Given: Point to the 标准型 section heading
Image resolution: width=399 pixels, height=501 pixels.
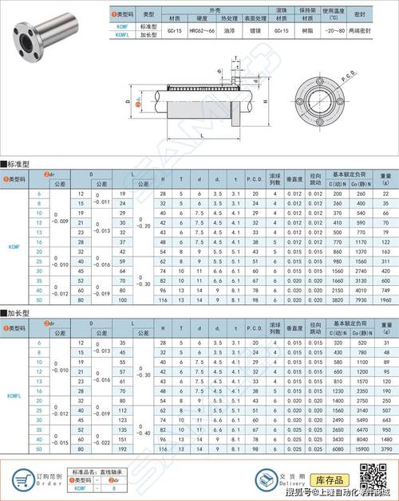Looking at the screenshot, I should pyautogui.click(x=17, y=162).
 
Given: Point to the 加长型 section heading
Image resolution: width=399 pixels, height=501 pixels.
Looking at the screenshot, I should pyautogui.click(x=17, y=313).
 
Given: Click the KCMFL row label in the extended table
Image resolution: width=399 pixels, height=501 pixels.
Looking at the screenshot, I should pyautogui.click(x=14, y=395).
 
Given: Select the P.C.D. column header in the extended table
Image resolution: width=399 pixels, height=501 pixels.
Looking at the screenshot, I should pyautogui.click(x=255, y=327).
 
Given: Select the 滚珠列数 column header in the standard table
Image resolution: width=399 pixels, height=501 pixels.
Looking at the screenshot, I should pyautogui.click(x=275, y=177).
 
